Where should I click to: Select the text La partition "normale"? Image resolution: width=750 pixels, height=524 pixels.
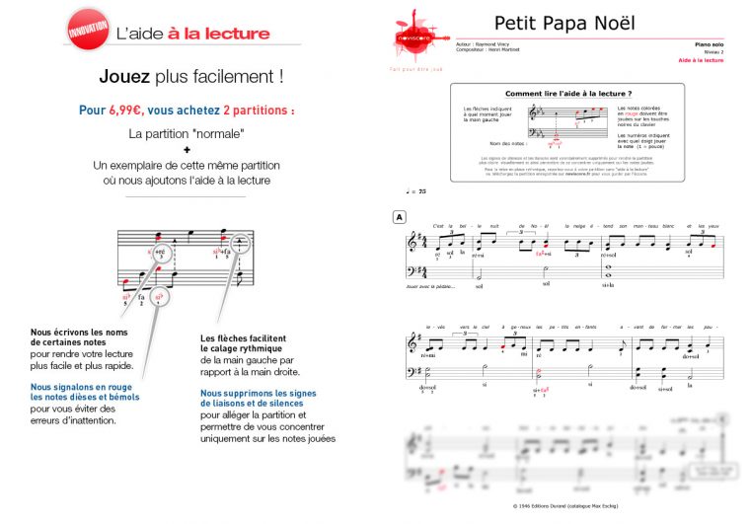pos(186,131)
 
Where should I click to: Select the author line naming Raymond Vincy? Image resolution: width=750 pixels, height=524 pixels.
pos(490,44)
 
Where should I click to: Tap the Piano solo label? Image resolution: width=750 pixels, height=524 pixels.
pos(709,45)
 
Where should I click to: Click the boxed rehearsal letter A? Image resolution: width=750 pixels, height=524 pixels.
pos(399,216)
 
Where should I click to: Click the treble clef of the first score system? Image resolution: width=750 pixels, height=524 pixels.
pos(412,242)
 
